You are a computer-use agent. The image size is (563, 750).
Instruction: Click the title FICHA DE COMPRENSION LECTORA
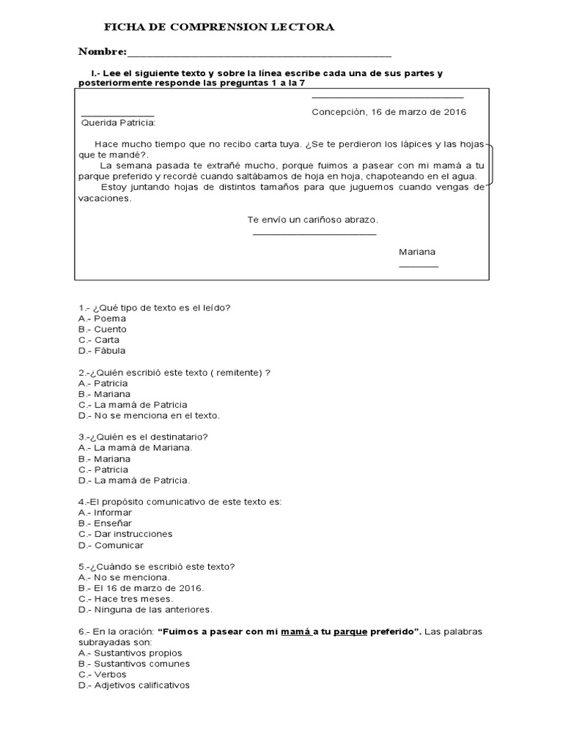tap(219, 27)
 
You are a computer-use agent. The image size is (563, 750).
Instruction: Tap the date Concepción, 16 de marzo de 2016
tap(389, 112)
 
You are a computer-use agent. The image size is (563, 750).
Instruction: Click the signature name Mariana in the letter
tap(417, 251)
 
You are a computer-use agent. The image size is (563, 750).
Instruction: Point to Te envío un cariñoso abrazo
tap(313, 220)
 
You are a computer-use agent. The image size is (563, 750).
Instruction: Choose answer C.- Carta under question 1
tap(99, 340)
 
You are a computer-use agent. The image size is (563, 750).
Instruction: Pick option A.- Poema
tap(102, 319)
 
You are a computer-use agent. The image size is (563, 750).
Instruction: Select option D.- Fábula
tap(102, 351)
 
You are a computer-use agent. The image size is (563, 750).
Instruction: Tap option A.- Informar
tap(105, 513)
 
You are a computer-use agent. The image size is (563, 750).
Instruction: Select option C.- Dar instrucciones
tap(125, 534)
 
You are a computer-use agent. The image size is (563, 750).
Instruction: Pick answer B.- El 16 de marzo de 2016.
tap(141, 587)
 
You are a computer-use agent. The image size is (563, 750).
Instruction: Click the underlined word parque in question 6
tap(350, 631)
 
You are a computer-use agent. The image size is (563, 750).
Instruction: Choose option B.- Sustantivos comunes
tap(133, 664)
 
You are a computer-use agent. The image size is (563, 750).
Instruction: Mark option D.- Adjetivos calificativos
tap(133, 685)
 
